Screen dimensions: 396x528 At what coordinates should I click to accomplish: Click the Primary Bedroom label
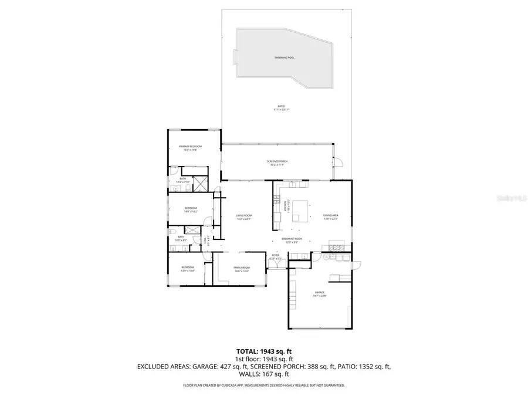pyautogui.click(x=191, y=147)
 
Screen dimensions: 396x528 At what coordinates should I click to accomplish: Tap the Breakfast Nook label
pyautogui.click(x=292, y=239)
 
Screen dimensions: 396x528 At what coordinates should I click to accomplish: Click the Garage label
pyautogui.click(x=320, y=293)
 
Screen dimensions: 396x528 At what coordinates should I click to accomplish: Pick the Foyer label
pyautogui.click(x=276, y=257)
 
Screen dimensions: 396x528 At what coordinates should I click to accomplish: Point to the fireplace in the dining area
pyautogui.click(x=337, y=245)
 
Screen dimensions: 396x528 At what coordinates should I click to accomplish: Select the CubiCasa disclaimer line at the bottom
pyautogui.click(x=263, y=385)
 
